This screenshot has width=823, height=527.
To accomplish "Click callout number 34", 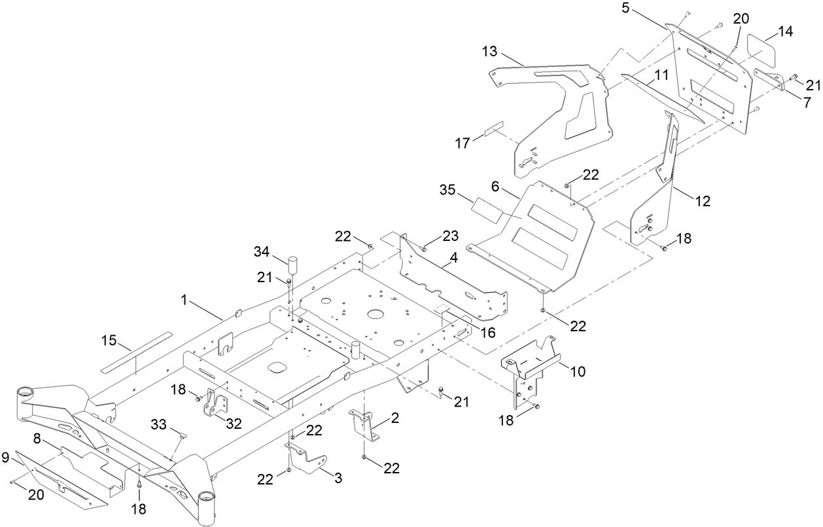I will coord(262,251).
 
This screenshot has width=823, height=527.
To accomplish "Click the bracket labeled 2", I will coord(365,425).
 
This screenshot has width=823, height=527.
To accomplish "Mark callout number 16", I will coord(487,333).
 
